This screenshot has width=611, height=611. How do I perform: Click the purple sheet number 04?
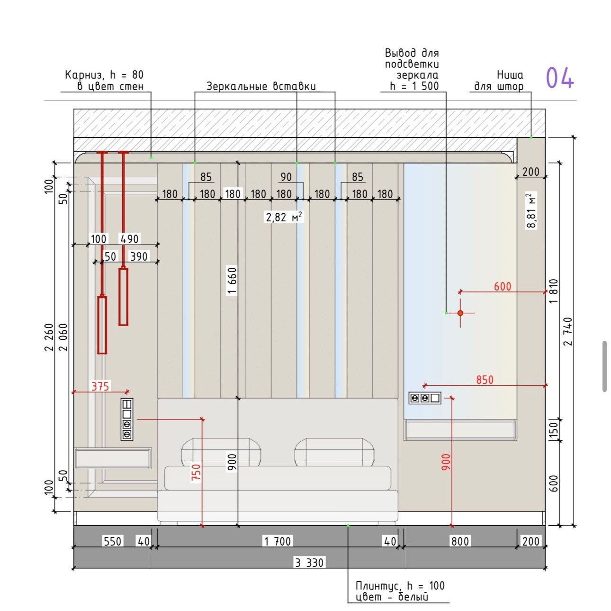559,78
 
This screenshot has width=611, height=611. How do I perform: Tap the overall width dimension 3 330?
309,563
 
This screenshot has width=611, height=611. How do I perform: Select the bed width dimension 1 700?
278,541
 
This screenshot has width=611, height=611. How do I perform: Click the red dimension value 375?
100,386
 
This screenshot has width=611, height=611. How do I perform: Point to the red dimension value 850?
485,380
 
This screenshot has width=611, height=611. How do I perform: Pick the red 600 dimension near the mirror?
502,286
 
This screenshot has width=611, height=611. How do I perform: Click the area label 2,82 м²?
283,217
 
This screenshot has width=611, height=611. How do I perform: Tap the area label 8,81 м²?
531,210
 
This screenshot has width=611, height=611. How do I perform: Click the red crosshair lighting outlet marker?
460,313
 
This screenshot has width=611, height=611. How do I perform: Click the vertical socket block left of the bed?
126,419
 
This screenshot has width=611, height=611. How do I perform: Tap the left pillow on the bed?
221,452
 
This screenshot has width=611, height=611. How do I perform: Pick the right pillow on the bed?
334,452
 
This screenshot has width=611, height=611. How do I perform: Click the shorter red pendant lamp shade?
123,297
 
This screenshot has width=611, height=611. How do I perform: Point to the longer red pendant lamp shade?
102,325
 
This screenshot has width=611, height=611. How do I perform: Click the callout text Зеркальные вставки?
261,86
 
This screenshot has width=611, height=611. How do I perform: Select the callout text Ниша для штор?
499,81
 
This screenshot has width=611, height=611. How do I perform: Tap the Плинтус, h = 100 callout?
400,591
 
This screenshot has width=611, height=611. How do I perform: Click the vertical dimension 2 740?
568,331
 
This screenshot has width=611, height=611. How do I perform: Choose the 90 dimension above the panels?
286,177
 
